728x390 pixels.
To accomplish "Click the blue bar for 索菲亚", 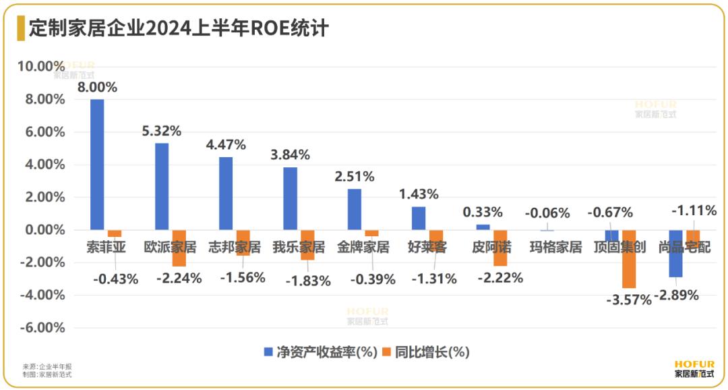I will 97,165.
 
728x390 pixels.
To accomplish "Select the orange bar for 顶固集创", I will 628,259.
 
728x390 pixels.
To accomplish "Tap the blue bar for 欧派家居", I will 162,186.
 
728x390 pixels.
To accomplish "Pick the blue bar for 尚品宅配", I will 676,254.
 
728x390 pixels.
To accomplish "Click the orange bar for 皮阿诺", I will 499,248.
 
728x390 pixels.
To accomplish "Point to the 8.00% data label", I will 97,87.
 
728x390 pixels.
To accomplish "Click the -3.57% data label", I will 628,300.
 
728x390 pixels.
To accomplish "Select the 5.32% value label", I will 161,131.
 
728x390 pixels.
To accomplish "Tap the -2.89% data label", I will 676,296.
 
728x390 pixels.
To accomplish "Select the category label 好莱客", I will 427,247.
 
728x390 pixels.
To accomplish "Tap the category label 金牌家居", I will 363,247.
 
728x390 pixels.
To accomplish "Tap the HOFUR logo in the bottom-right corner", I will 693,368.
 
